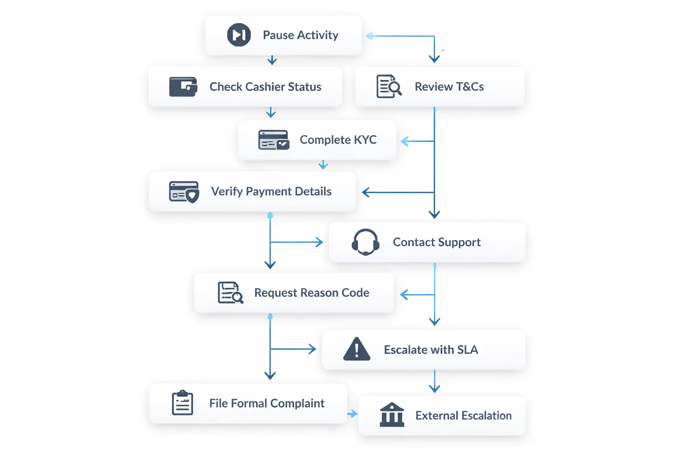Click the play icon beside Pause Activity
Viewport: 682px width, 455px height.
(239, 35)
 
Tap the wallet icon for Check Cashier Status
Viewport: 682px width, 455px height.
(183, 87)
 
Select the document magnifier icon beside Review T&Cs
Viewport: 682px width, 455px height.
(389, 87)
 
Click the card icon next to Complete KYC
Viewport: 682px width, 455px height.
(274, 140)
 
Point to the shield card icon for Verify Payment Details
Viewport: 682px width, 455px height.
(184, 192)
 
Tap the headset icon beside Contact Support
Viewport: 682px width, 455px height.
(365, 242)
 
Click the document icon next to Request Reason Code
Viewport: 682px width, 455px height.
(230, 292)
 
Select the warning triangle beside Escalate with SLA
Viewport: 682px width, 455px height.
(357, 349)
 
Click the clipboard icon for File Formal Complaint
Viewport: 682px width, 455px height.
(182, 403)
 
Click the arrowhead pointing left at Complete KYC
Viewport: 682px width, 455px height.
(404, 141)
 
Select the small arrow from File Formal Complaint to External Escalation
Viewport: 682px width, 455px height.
(352, 414)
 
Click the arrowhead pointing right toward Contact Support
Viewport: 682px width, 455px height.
(319, 242)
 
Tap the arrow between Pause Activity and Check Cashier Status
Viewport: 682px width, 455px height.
(272, 60)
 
